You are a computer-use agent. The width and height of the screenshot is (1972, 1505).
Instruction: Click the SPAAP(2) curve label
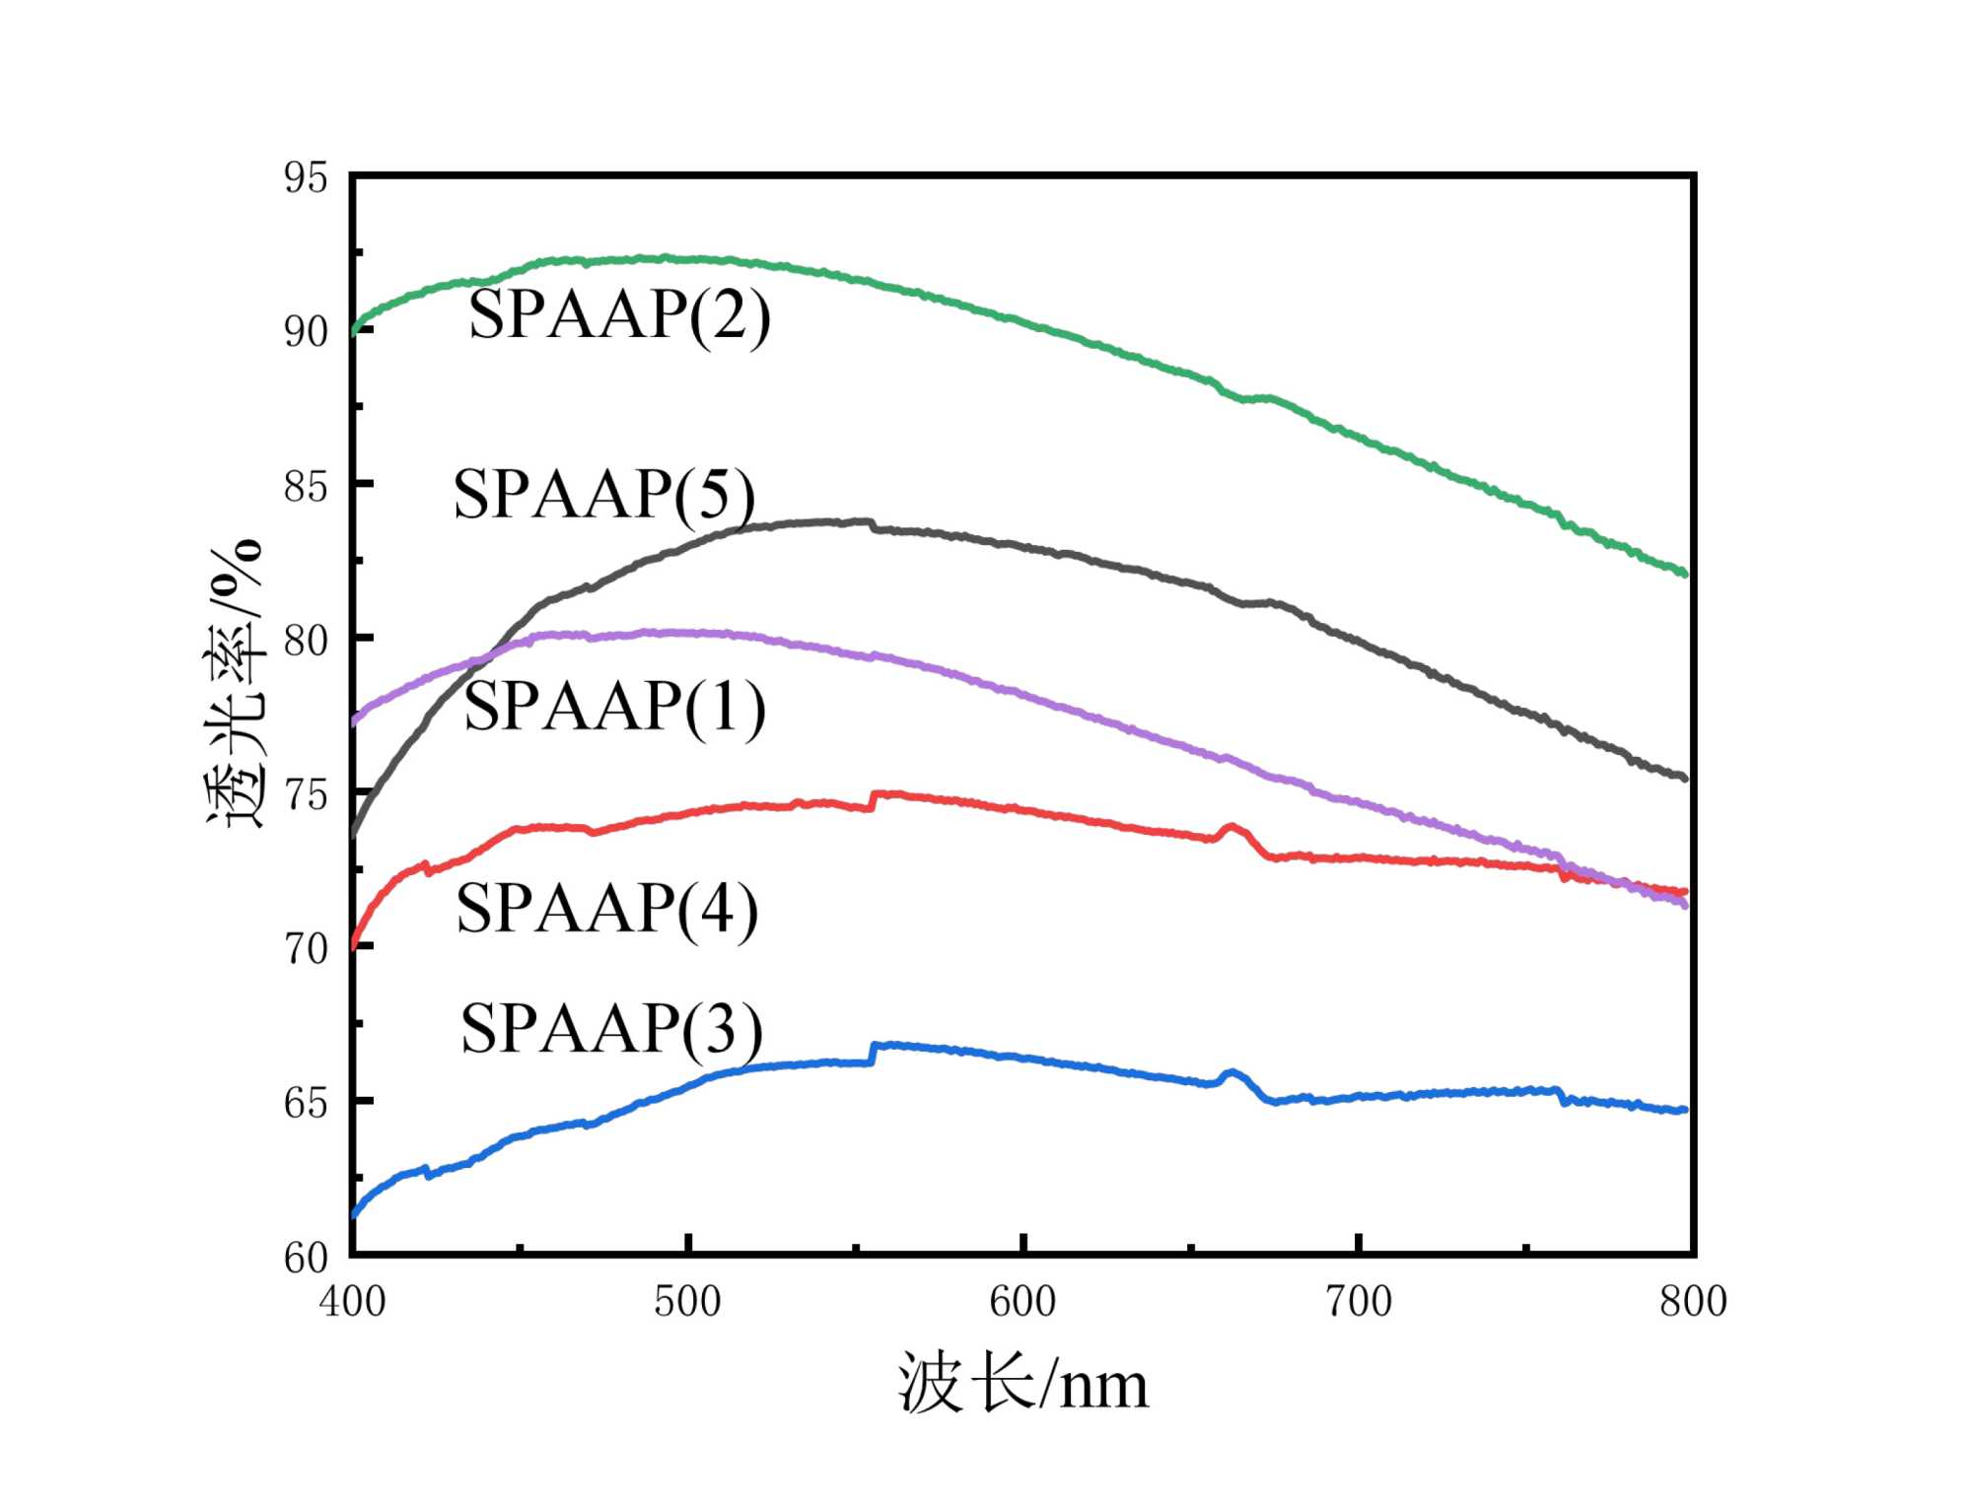click(619, 314)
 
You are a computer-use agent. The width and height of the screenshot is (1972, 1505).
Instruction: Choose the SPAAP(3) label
click(611, 1028)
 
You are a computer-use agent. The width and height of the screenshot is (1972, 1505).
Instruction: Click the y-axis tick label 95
click(306, 177)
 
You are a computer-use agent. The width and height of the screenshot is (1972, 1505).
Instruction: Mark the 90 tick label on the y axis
click(306, 331)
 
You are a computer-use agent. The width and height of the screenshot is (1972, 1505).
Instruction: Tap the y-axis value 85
click(306, 486)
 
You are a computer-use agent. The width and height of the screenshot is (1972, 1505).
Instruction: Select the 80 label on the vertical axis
click(306, 640)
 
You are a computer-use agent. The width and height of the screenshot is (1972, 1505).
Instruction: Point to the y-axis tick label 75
click(306, 794)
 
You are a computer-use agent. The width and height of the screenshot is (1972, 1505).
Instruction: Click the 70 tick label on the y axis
click(306, 948)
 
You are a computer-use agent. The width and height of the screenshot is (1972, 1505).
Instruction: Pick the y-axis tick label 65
click(306, 1103)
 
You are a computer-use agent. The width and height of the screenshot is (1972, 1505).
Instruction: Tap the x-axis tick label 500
click(687, 1302)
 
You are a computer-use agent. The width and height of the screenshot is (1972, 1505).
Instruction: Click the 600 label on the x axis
click(1022, 1302)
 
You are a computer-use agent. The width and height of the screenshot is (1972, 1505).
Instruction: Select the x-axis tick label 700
click(1359, 1302)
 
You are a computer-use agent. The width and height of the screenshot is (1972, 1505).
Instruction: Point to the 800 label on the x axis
click(1693, 1302)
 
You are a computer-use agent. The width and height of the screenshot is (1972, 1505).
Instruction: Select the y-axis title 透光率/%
click(235, 683)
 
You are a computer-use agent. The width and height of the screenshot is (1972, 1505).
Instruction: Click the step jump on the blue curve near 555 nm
click(873, 1054)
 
